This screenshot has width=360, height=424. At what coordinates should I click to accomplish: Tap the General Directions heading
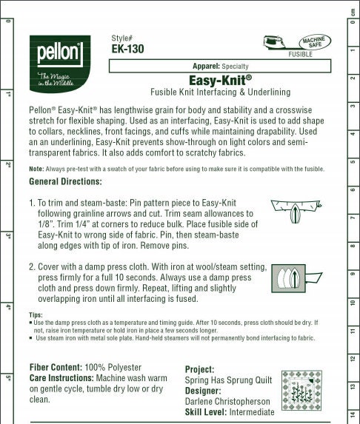65,181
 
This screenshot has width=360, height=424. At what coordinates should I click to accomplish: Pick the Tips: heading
36,314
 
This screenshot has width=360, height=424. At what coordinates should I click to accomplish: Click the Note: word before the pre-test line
36,169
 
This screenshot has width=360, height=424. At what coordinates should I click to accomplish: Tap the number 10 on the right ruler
353,303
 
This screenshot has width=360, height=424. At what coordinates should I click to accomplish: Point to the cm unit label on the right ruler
353,10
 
